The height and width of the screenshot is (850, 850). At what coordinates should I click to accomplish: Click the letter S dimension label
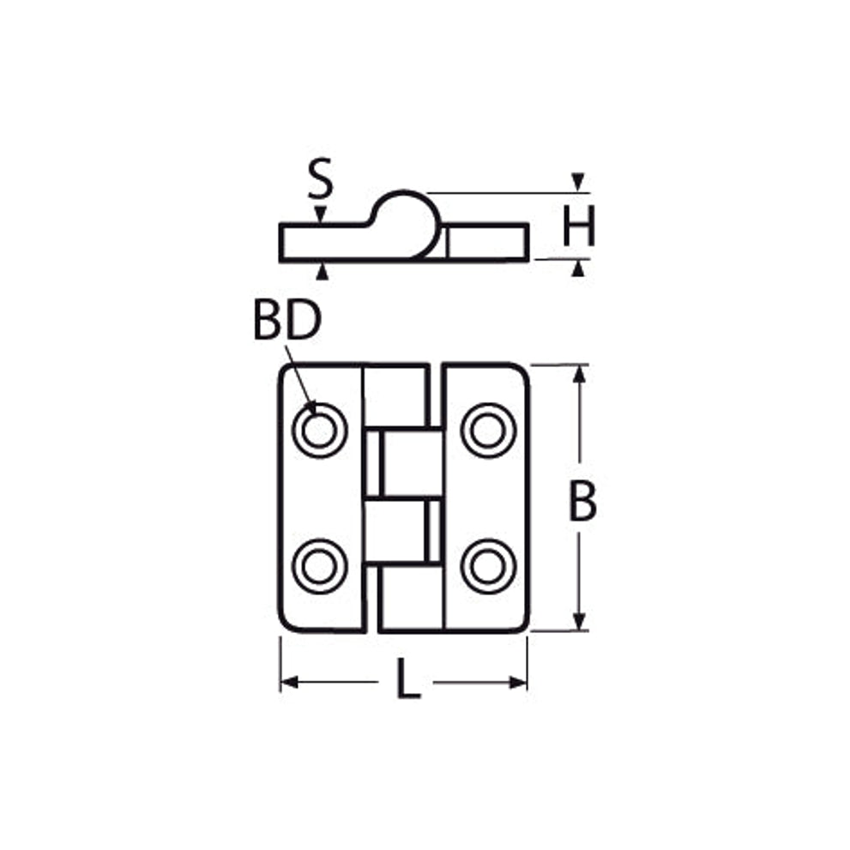coord(320,178)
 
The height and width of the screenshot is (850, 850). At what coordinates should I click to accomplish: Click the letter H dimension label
coord(579,226)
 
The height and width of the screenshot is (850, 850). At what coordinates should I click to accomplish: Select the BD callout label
coord(287,321)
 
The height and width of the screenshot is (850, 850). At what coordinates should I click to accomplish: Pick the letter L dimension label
coord(408,678)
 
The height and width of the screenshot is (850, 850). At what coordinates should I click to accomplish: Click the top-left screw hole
coord(319,431)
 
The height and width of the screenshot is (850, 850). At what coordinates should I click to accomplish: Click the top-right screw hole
coord(488,431)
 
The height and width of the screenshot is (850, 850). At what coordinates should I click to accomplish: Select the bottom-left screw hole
coord(319,566)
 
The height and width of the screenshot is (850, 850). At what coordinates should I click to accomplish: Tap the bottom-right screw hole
coord(488,566)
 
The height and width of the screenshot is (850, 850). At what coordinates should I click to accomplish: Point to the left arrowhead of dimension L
coord(289,682)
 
